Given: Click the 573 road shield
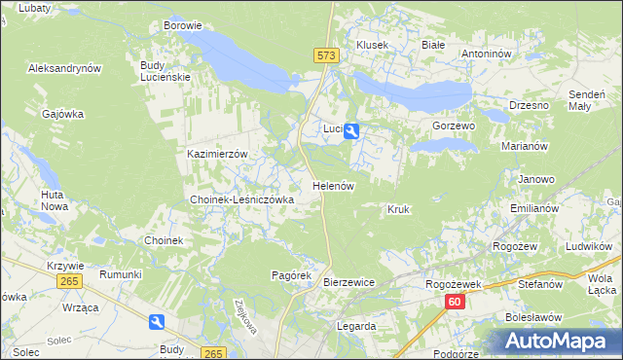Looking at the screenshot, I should click(x=326, y=56).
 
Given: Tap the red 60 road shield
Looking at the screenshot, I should click(x=455, y=303).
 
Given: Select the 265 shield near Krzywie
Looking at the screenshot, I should click(x=68, y=281).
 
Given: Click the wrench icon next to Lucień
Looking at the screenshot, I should click(x=351, y=129).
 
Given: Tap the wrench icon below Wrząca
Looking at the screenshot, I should click(x=158, y=323).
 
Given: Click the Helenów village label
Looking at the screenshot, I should click(x=332, y=185).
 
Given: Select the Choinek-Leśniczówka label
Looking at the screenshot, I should click(x=241, y=199).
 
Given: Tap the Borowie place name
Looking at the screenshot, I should click(x=183, y=25).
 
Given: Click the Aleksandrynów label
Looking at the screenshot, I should click(x=65, y=69).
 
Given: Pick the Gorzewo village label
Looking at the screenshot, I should click(x=453, y=126).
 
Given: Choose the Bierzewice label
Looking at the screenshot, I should click(x=348, y=282).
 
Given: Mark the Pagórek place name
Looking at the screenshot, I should click(x=289, y=275).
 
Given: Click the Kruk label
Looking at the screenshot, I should click(x=398, y=209).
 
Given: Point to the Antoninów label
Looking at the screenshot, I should click(x=487, y=54).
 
